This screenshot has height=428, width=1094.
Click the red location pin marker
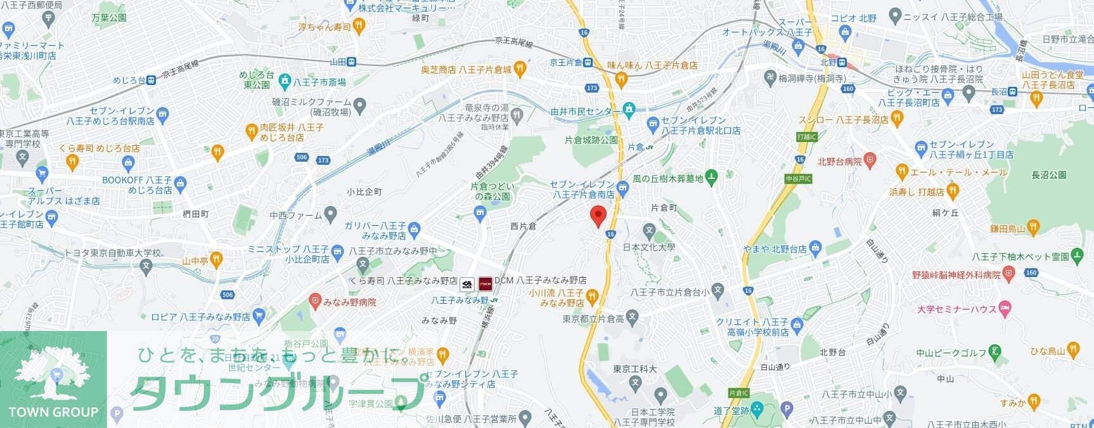598,216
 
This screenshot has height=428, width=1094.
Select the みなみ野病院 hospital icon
316,302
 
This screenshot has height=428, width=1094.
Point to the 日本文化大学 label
649,247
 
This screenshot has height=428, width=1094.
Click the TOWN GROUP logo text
53,412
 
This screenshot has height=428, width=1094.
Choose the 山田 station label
338,62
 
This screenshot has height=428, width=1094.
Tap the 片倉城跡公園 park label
591,139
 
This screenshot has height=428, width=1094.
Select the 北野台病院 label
840,162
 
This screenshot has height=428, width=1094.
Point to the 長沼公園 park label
1048,175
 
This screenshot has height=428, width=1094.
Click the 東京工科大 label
635,368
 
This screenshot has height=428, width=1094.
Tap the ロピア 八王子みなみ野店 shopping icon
258,316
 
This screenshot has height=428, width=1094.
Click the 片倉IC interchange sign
738,393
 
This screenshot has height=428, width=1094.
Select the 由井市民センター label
585,111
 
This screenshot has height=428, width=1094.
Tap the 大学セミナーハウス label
956,309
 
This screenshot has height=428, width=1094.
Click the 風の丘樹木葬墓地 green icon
711,179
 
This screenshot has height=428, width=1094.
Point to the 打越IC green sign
807,137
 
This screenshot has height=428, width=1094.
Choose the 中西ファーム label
296,216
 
